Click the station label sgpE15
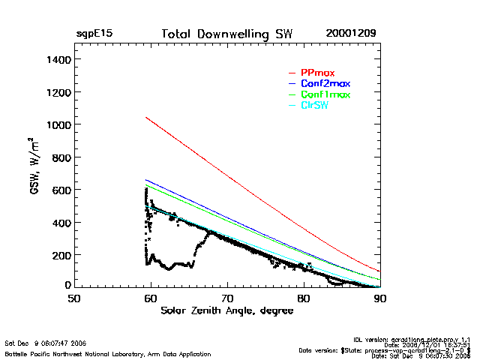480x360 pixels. pos(94,34)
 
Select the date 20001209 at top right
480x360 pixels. pos(351,34)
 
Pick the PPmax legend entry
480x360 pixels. pos(317,73)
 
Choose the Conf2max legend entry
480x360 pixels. pos(325,84)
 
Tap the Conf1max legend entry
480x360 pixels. pos(325,95)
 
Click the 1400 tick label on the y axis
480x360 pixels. pos(58,59)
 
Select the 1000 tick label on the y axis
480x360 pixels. pos(58,124)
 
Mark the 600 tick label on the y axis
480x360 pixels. pos(61,190)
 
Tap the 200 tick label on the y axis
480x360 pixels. pos(61,255)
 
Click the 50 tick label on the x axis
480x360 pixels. pos(74,298)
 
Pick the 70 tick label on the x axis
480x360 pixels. pos(227,298)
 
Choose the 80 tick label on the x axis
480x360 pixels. pos(304,298)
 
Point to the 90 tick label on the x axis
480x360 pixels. pos(380,298)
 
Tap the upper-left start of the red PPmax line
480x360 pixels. pos(145,117)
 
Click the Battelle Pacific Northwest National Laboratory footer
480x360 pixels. pos(108,353)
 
